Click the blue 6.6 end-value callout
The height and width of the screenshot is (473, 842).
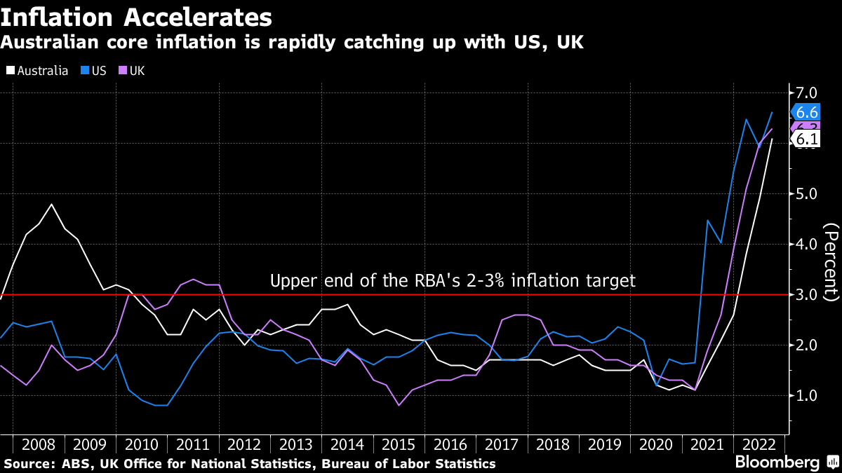(x=804, y=112)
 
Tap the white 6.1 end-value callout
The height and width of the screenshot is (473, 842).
(x=804, y=139)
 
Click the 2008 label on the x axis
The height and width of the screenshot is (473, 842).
(x=39, y=444)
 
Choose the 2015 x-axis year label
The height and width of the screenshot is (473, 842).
(x=399, y=444)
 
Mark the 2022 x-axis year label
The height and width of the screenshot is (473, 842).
(x=759, y=444)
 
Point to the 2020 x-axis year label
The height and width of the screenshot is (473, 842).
(x=656, y=444)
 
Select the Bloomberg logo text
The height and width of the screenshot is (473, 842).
(x=777, y=462)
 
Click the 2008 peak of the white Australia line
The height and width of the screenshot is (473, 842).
(x=52, y=204)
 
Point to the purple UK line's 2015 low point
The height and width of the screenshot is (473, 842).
(x=399, y=405)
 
